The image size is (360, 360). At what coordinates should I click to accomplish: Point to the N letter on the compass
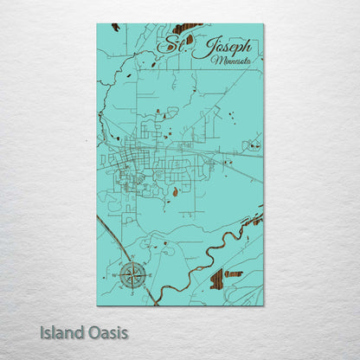coord(132,259)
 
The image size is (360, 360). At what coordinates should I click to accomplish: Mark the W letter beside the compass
coord(117,274)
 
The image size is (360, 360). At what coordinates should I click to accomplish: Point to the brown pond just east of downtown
coord(177,191)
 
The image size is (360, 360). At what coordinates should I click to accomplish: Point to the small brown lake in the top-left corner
coord(116,27)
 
